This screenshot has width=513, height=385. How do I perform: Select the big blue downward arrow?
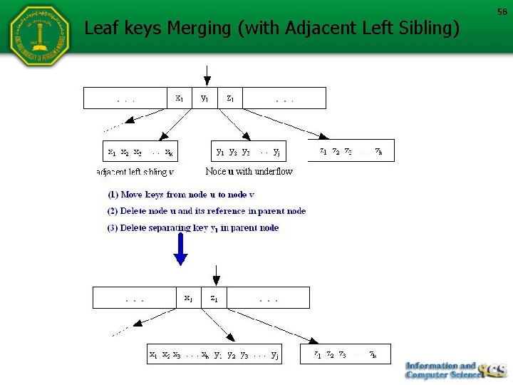(x=181, y=249)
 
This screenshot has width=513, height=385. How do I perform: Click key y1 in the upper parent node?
(x=205, y=98)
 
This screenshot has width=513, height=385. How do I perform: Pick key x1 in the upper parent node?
(x=179, y=98)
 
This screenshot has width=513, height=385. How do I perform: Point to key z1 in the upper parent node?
(x=231, y=98)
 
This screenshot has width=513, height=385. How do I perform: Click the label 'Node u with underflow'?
(x=249, y=171)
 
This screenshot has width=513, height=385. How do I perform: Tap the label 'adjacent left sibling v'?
(x=135, y=172)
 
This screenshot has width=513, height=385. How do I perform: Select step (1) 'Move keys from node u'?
(x=181, y=194)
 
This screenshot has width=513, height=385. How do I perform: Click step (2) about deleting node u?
(x=207, y=211)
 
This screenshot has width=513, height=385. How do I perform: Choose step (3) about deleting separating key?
(x=193, y=228)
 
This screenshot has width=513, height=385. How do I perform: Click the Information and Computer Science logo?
(x=456, y=369)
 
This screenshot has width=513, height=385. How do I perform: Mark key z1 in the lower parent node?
(x=214, y=298)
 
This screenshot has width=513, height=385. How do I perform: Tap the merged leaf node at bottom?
(x=214, y=354)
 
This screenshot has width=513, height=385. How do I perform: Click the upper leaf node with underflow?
(x=249, y=151)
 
